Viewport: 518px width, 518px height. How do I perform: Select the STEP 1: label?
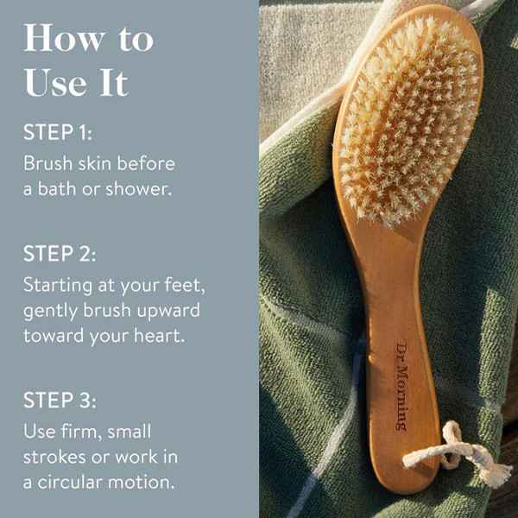pos(58,132)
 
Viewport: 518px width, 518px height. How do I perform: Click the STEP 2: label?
pos(60,253)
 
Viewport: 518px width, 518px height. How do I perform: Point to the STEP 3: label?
pos(60,400)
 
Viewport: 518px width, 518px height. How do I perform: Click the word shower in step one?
pos(138,189)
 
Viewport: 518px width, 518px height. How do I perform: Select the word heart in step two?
pos(159,336)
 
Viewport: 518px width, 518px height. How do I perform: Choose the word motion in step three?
pos(141,482)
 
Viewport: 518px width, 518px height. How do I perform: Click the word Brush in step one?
pos(47,163)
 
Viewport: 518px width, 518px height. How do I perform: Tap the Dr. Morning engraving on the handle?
pos(402,387)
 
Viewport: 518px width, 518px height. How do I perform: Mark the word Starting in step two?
pos(58,286)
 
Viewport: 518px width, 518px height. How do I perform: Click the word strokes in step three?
pos(55,457)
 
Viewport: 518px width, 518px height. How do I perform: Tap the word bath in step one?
pos(56,189)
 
